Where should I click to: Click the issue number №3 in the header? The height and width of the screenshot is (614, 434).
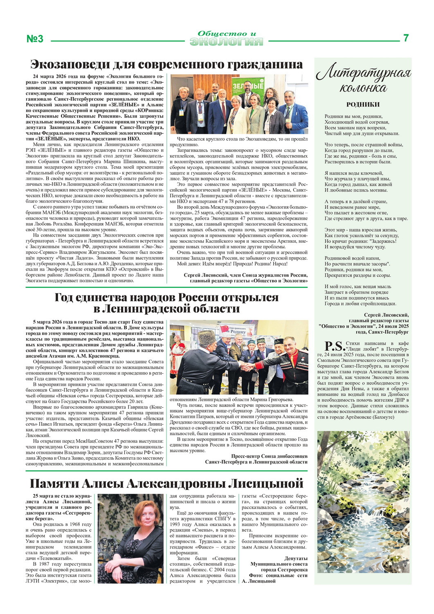[35, 38]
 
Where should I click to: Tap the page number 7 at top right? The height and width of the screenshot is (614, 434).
[406, 38]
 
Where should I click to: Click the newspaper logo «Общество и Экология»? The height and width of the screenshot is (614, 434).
[226, 38]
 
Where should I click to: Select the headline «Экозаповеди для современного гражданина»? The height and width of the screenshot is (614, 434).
[167, 65]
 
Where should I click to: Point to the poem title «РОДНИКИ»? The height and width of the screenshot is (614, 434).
[363, 104]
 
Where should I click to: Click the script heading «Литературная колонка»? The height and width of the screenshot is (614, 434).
[363, 80]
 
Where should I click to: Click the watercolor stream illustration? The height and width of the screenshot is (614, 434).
[363, 501]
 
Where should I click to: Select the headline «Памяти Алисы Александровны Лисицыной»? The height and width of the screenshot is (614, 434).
[167, 483]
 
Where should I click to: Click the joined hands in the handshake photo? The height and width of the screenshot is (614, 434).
[246, 366]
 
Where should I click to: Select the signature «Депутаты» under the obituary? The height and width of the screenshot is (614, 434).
[296, 558]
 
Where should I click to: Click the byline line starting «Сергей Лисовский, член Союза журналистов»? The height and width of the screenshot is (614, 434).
[245, 275]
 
